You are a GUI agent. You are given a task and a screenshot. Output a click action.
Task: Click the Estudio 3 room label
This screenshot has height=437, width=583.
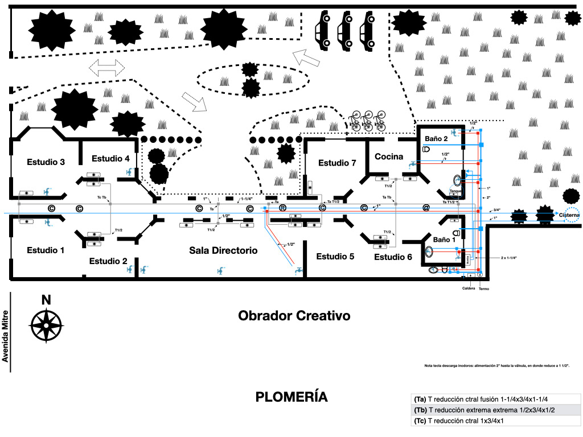46,162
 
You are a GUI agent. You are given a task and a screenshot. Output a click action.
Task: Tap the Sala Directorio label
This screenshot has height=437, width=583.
223,250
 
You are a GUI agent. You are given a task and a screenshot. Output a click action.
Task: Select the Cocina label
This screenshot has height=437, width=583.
389,156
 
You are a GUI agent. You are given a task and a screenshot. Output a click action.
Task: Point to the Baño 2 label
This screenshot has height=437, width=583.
437,138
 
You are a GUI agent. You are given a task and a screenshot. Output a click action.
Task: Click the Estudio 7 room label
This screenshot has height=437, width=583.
337,163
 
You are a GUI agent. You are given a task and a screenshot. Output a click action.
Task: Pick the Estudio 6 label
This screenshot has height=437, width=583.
393,257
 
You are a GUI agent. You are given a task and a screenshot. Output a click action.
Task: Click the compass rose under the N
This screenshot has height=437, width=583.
46,325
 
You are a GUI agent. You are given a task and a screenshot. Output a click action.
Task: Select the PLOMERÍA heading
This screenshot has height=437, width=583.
291,397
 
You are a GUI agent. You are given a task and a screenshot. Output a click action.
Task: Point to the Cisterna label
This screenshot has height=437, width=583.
569,215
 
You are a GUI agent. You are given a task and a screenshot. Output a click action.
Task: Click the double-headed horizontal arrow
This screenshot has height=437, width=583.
107,68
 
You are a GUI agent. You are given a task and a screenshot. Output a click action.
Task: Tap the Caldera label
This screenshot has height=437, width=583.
469,288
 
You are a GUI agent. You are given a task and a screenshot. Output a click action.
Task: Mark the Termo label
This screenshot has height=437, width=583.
484,288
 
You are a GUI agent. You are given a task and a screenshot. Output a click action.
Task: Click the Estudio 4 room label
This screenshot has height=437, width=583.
110,159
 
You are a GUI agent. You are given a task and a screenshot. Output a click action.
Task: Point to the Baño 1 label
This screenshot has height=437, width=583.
445,240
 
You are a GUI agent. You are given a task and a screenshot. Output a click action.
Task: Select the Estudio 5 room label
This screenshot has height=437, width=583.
335,257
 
